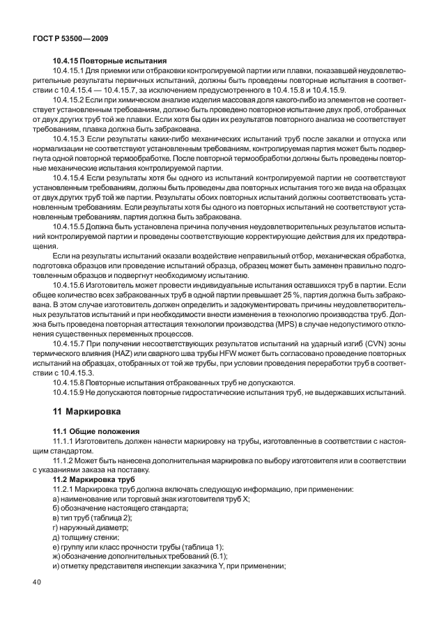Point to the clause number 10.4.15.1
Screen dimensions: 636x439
pyautogui.click(x=71, y=71)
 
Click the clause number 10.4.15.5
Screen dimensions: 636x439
pyautogui.click(x=71, y=227)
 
